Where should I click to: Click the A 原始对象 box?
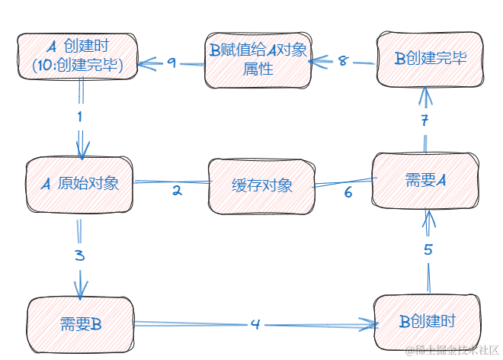click(78, 184)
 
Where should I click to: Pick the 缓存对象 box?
click(261, 185)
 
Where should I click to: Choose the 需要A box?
click(425, 180)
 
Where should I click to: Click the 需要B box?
click(80, 323)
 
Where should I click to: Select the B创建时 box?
click(428, 321)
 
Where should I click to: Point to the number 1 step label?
click(79, 117)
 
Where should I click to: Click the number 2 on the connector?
click(177, 191)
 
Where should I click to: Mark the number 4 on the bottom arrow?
click(255, 324)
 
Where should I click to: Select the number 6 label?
click(348, 192)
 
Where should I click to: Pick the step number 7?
click(426, 120)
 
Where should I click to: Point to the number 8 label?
click(342, 61)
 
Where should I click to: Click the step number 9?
click(171, 63)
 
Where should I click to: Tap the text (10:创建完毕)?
click(78, 66)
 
